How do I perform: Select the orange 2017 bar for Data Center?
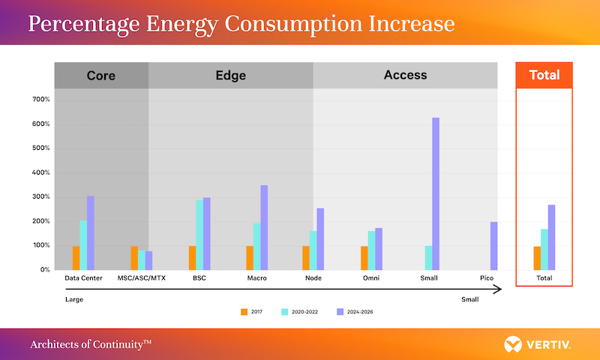pyautogui.click(x=76, y=257)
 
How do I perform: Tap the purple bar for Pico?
pyautogui.click(x=494, y=245)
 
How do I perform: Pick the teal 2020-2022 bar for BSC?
pyautogui.click(x=199, y=235)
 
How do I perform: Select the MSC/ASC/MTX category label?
pyautogui.click(x=142, y=278)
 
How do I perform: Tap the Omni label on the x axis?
pyautogui.click(x=372, y=278)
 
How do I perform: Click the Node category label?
pyautogui.click(x=314, y=278)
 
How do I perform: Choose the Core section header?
pyautogui.click(x=101, y=75)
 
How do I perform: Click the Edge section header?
pyautogui.click(x=230, y=75)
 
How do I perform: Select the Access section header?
pyautogui.click(x=405, y=75)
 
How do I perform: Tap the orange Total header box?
pyautogui.click(x=544, y=75)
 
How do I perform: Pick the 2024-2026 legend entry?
pyautogui.click(x=355, y=310)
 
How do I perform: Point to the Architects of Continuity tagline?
pyautogui.click(x=91, y=344)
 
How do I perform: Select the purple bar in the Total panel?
pyautogui.click(x=551, y=237)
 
